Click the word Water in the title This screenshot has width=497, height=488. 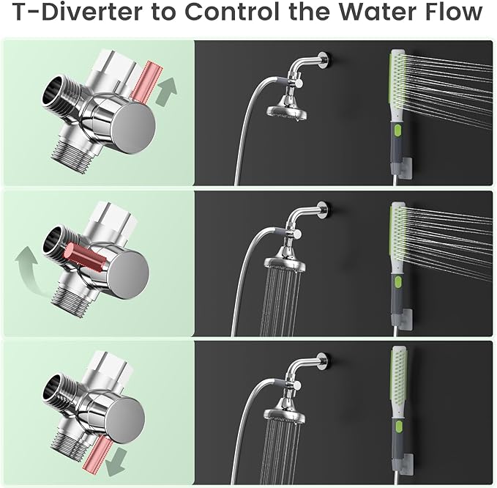pos(373,13)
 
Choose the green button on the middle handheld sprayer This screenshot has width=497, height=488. pos(396,282)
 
